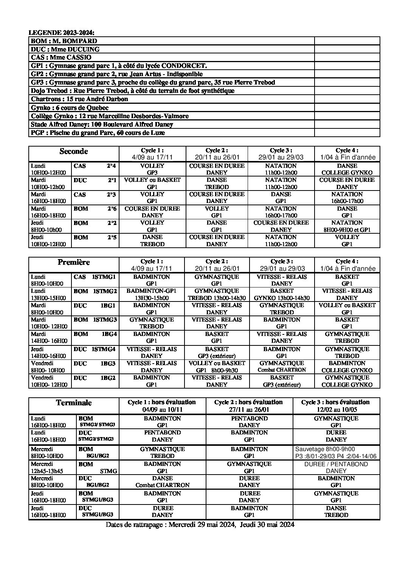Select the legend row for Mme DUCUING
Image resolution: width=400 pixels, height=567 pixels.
[x=65, y=49]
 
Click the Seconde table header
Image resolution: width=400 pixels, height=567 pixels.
[x=74, y=152]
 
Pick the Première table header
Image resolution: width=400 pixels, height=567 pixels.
[x=74, y=262]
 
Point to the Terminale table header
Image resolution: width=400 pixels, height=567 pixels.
[x=74, y=403]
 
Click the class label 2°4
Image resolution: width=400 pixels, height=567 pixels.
[x=111, y=166]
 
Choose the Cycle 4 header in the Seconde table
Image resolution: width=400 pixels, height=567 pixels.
[x=347, y=154]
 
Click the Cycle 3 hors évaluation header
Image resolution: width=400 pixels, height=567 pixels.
[x=335, y=406]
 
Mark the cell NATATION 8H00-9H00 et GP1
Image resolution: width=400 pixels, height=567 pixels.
[x=347, y=226]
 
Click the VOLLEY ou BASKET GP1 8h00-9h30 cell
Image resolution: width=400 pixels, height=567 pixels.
[x=217, y=367]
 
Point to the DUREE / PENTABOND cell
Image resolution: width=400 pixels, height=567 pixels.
[x=336, y=467]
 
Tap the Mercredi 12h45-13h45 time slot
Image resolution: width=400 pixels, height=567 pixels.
[x=48, y=467]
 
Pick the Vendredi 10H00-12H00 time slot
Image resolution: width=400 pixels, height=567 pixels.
[x=48, y=381]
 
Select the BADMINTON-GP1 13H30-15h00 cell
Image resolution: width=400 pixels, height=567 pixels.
[x=152, y=294]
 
